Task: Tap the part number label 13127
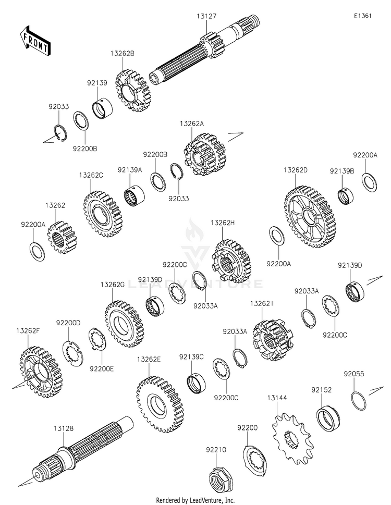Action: pos(206,17)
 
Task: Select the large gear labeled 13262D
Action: pos(310,218)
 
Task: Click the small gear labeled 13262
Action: pos(62,237)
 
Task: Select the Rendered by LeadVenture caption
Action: pos(195,500)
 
